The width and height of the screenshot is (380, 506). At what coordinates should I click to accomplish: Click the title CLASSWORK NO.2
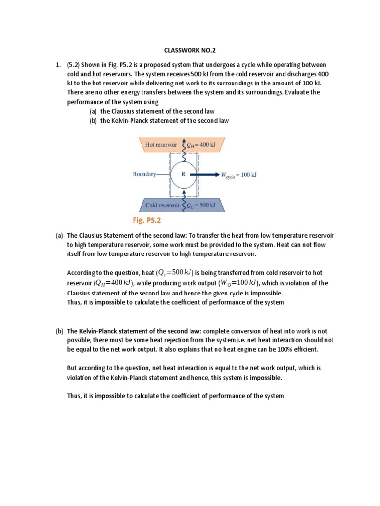[190, 51]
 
